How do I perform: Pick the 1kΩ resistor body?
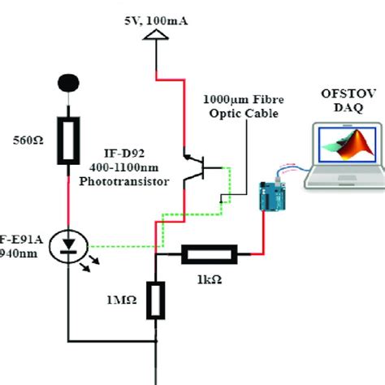coord(207,254)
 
